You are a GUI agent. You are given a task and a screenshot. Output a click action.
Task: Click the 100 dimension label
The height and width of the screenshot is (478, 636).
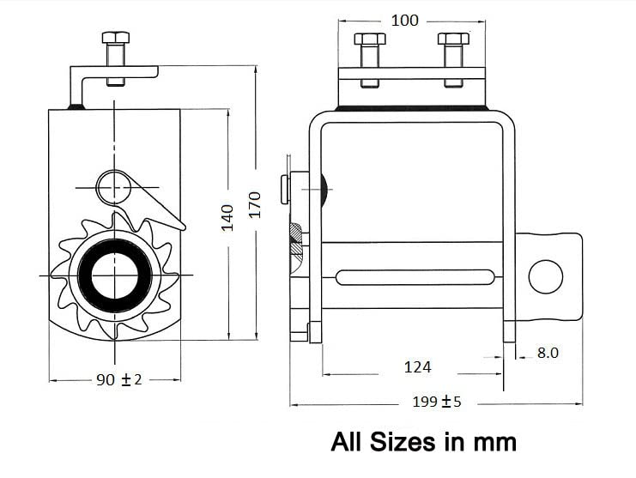[404, 21]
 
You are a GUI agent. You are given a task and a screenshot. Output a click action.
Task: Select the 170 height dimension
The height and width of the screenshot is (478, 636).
[255, 205]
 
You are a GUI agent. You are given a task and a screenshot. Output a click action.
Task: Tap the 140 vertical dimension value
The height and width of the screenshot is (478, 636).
[227, 218]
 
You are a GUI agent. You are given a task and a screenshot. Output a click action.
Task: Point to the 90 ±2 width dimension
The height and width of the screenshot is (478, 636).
[119, 380]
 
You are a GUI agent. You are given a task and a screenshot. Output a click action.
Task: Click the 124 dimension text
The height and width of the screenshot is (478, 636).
[417, 367]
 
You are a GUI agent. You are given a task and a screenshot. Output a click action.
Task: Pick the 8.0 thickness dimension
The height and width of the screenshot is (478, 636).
[548, 353]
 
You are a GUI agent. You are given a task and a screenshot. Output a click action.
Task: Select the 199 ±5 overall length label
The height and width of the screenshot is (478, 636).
[437, 402]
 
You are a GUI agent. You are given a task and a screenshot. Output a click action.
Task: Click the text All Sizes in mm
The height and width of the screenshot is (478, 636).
[423, 441]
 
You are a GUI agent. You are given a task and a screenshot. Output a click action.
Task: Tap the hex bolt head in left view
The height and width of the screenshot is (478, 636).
[116, 38]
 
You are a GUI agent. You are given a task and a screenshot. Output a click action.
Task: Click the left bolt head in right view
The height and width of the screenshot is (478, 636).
[370, 39]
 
